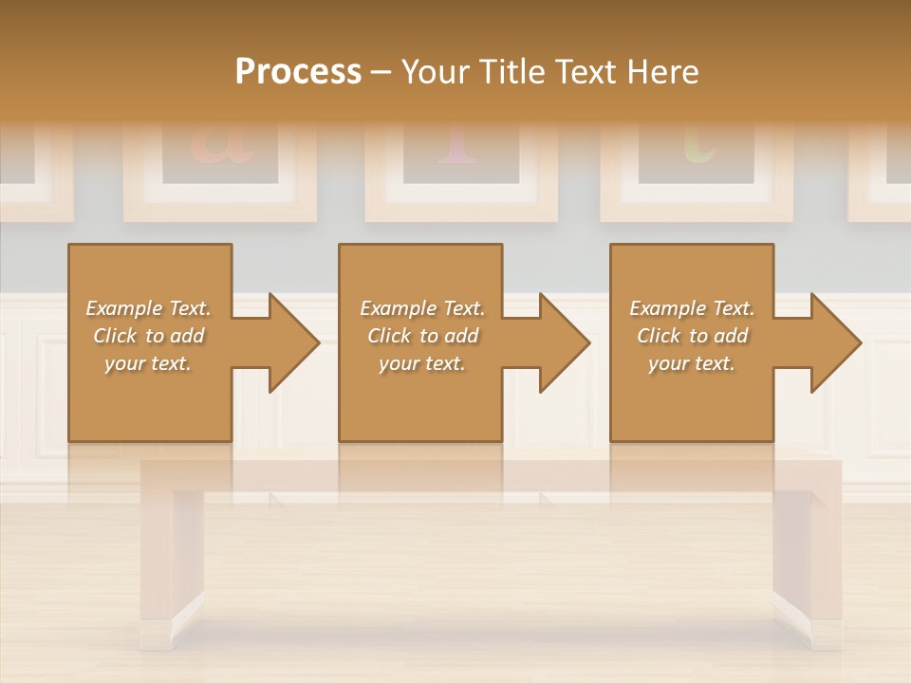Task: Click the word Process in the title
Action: pos(298,71)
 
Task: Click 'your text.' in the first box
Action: pos(148,363)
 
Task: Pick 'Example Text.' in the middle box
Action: pos(422,308)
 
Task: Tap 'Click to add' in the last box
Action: pos(693,336)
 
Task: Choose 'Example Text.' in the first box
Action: pos(148,308)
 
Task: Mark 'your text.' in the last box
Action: pos(692,363)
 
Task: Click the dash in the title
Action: pos(381,72)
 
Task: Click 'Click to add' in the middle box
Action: pos(422,336)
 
